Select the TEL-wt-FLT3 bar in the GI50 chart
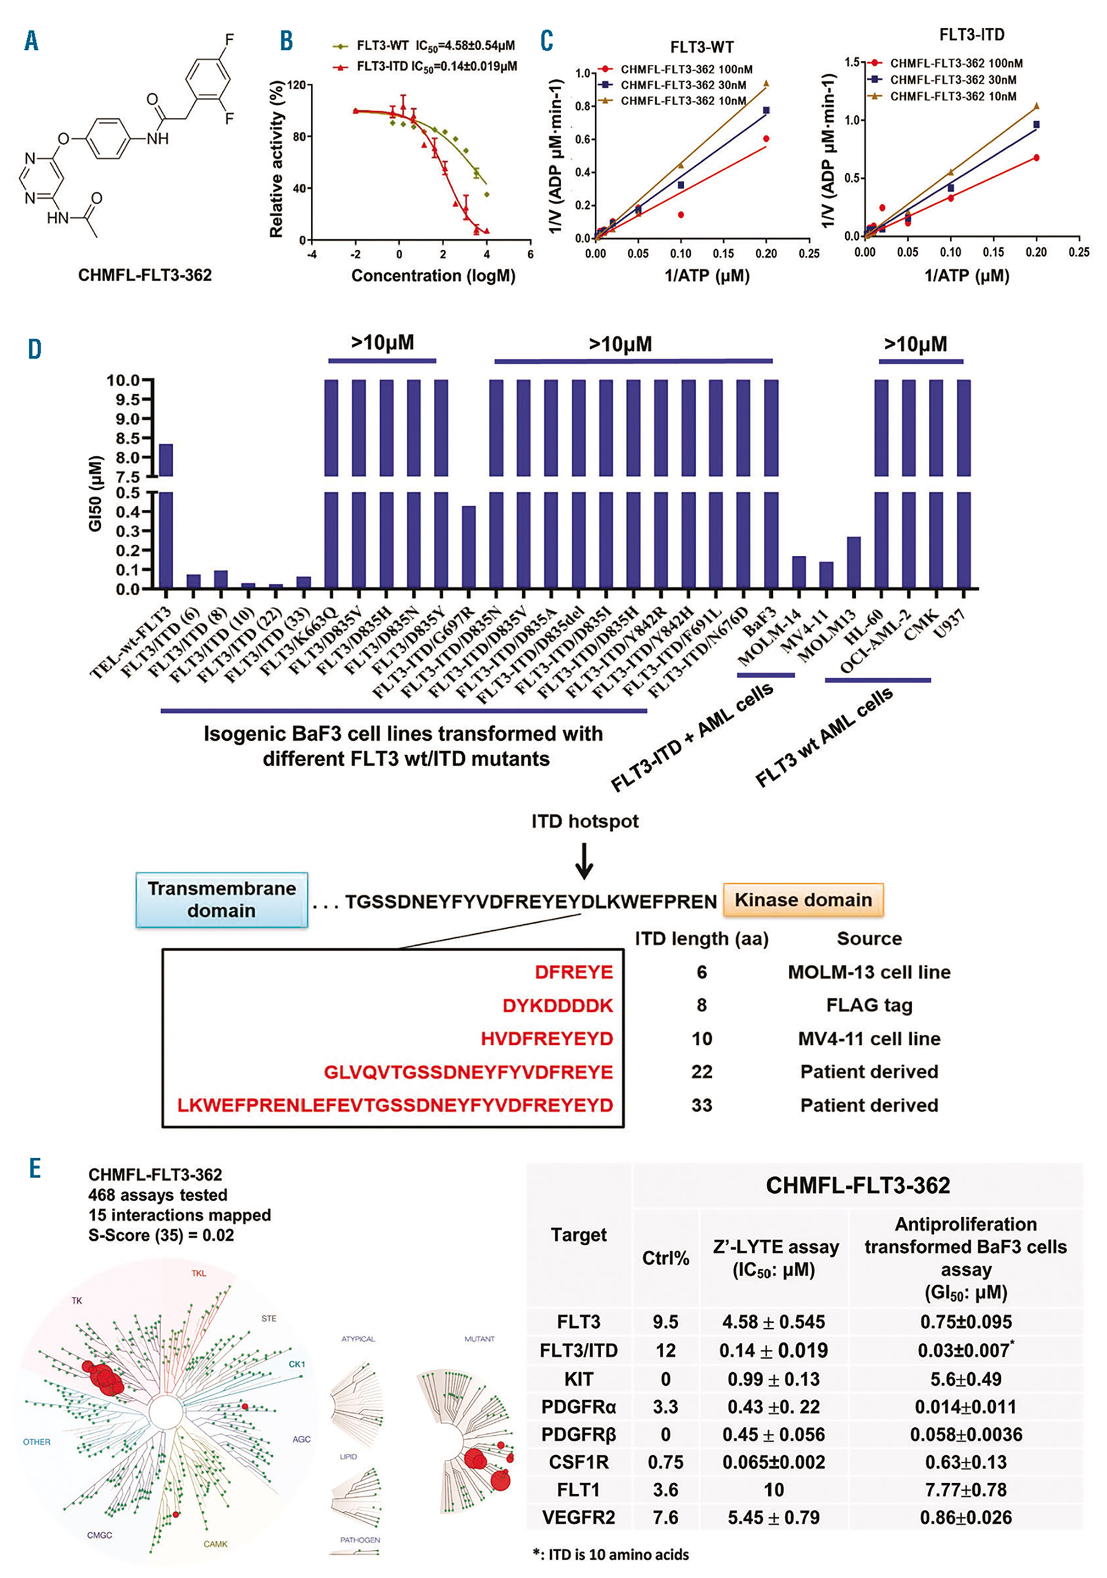[165, 515]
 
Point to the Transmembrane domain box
[221, 899]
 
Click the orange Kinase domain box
[803, 900]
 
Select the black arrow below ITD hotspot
[584, 861]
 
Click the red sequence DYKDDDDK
[557, 1005]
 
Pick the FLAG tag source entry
[868, 1005]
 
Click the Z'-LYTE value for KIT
[773, 1379]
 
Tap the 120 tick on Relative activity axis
[296, 85]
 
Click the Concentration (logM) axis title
[433, 276]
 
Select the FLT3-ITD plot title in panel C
[971, 34]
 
